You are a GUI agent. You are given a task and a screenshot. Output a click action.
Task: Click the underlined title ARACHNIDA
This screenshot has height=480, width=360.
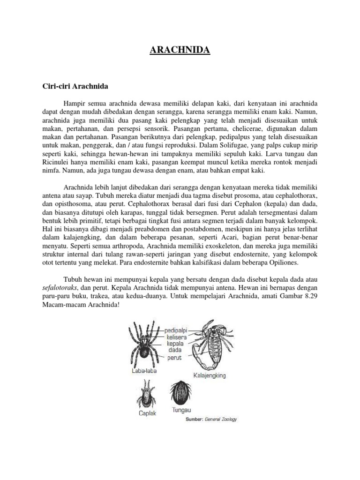click(180, 50)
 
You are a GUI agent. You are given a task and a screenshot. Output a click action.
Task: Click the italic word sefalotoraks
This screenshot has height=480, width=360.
click(57, 288)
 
